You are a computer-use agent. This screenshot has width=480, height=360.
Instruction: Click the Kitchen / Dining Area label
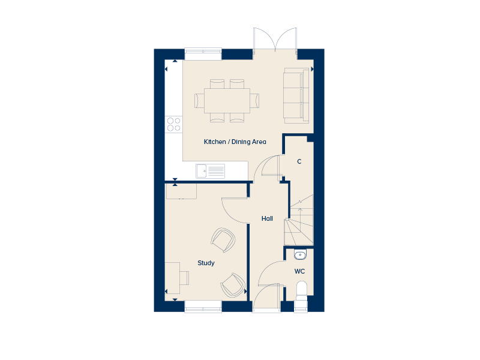click(235, 142)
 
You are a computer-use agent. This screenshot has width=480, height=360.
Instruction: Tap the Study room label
click(206, 263)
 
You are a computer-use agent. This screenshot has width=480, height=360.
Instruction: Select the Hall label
click(267, 218)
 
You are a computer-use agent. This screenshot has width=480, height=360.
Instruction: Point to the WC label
click(299, 271)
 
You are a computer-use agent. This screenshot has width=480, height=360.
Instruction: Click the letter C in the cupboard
click(299, 161)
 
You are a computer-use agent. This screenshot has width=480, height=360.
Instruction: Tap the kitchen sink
click(211, 171)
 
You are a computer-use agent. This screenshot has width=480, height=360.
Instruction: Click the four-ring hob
click(173, 124)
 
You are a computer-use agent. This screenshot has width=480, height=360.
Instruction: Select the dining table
click(227, 101)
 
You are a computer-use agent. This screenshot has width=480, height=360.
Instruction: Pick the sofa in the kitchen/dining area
click(296, 95)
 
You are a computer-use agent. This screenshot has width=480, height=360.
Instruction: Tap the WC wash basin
click(300, 254)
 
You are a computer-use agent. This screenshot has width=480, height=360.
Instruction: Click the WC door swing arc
click(266, 269)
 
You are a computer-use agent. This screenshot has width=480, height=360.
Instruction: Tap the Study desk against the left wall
click(173, 278)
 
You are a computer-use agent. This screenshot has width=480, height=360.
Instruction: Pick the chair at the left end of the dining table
click(199, 101)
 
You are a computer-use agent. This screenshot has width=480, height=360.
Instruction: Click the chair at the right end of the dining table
click(254, 101)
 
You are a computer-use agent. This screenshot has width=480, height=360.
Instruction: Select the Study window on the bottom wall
click(203, 307)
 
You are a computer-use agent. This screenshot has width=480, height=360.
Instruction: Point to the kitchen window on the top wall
click(203, 54)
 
